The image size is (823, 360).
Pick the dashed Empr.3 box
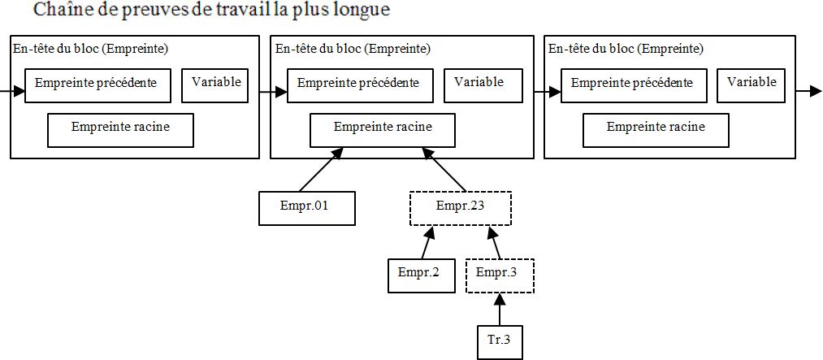click(500, 275)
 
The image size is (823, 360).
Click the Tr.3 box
click(499, 341)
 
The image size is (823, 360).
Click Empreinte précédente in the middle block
click(358, 85)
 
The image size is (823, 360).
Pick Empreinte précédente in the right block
click(632, 85)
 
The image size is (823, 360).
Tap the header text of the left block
click(90, 49)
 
